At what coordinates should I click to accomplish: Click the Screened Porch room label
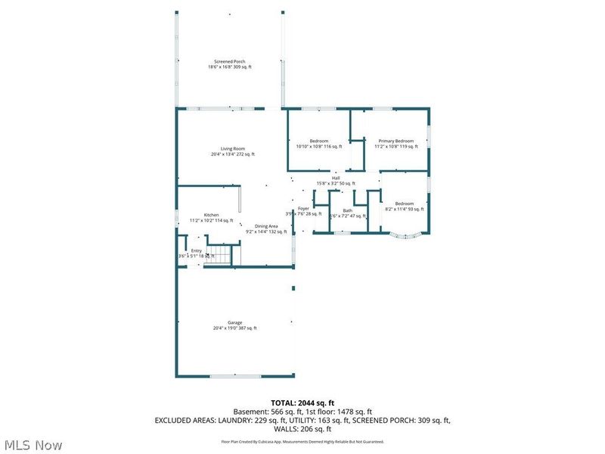pyautogui.click(x=230, y=61)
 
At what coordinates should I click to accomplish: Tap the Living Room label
pyautogui.click(x=233, y=148)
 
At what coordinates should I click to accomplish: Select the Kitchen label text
pyautogui.click(x=211, y=215)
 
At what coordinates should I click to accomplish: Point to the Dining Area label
pyautogui.click(x=266, y=226)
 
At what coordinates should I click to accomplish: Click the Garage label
pyautogui.click(x=235, y=322)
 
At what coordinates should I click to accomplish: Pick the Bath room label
pyautogui.click(x=347, y=210)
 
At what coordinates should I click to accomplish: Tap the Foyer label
pyautogui.click(x=303, y=208)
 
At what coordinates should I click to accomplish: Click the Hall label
pyautogui.click(x=336, y=178)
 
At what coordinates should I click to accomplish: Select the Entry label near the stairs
pyautogui.click(x=196, y=250)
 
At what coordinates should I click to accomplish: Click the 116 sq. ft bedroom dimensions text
pyautogui.click(x=319, y=147)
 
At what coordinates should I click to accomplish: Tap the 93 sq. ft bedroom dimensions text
pyautogui.click(x=405, y=209)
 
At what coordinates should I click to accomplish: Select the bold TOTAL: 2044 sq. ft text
pyautogui.click(x=302, y=402)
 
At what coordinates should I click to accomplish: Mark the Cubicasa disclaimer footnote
pyautogui.click(x=302, y=441)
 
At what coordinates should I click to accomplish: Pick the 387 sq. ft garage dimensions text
pyautogui.click(x=235, y=328)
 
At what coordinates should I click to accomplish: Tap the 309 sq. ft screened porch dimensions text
pyautogui.click(x=230, y=67)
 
